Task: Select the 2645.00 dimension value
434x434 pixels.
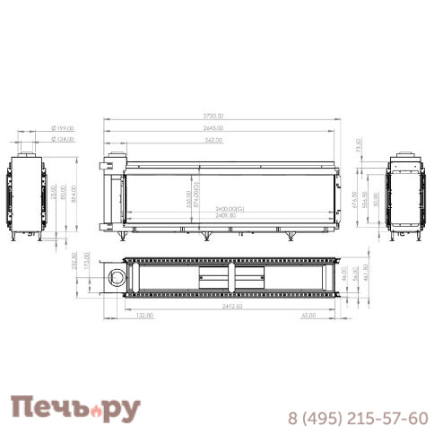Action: pos(213,128)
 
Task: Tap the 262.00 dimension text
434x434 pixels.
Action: pos(212,140)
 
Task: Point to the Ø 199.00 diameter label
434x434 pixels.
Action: pos(62,128)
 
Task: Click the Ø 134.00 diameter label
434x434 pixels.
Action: pos(62,140)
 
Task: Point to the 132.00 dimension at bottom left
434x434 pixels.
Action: pos(143,316)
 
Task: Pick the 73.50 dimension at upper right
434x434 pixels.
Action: pos(359,145)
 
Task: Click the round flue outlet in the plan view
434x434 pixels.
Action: pos(116,278)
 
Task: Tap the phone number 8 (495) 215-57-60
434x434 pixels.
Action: pos(358,419)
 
